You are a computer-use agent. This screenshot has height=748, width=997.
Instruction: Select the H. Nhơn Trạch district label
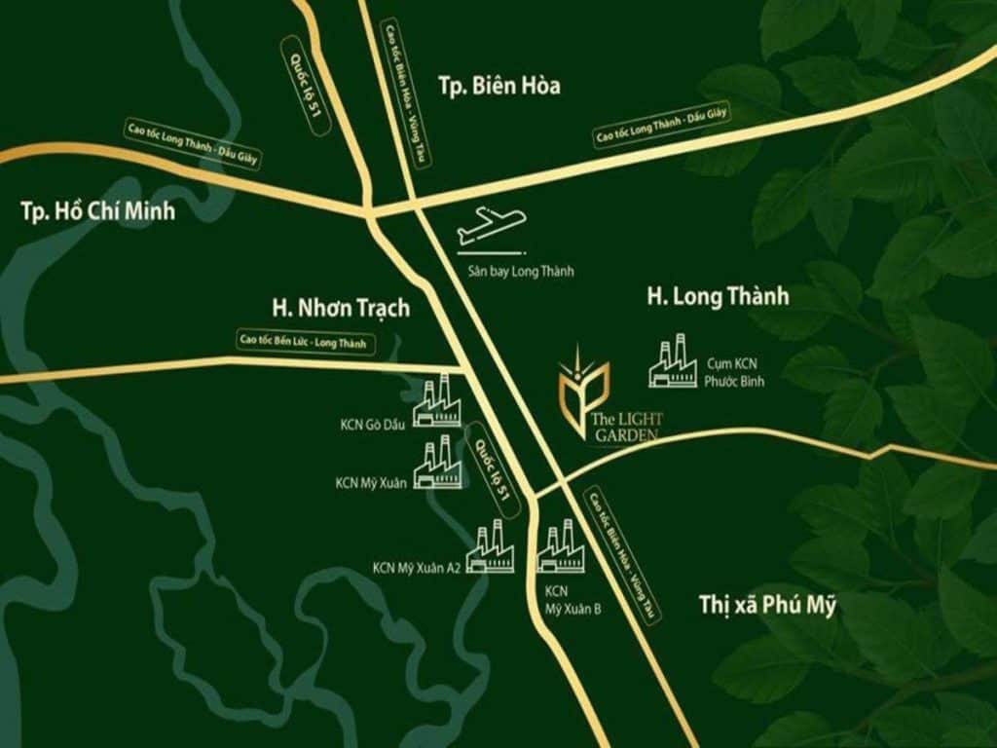[341, 308]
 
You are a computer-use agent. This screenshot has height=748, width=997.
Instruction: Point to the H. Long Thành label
[718, 296]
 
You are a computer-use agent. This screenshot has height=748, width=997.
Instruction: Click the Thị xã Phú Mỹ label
[767, 605]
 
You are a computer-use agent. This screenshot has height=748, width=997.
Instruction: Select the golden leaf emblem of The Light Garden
[582, 386]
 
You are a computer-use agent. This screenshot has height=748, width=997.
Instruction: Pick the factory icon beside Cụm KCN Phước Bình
[674, 361]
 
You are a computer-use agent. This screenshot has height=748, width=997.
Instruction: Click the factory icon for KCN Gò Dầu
[437, 401]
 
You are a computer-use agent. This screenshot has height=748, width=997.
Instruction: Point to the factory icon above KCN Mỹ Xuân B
[561, 547]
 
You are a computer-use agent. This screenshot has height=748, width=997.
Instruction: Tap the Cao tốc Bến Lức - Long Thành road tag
[306, 341]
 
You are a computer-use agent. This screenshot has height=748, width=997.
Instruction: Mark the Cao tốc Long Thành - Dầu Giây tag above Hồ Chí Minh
[191, 143]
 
